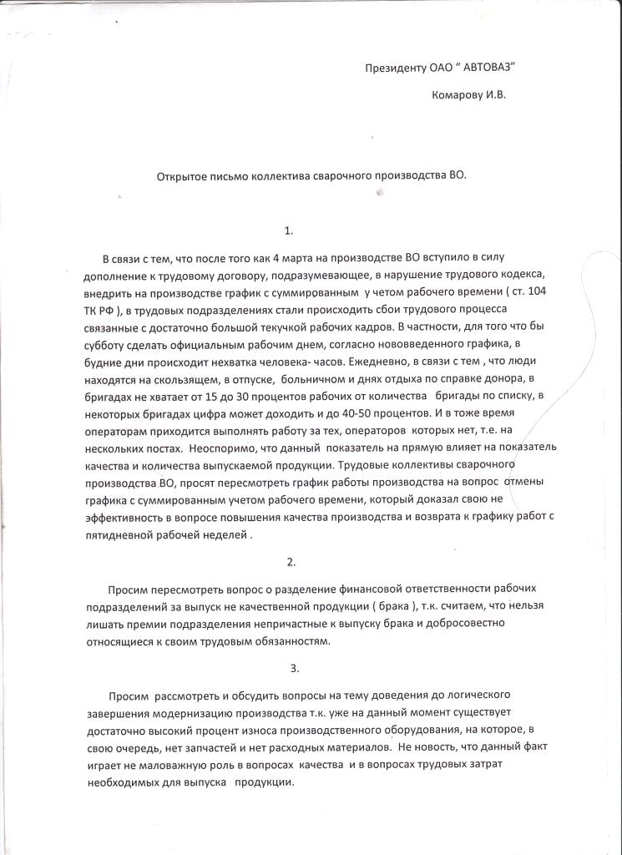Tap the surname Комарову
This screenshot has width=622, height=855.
458,95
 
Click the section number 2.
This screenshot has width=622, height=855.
291,561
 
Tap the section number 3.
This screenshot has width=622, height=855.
294,668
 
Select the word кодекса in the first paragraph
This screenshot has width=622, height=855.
524,275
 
